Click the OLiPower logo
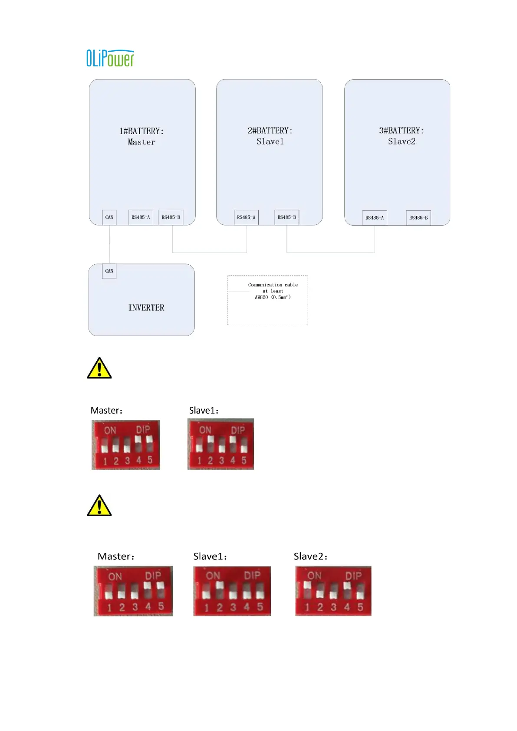click(110, 58)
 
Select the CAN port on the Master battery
click(109, 217)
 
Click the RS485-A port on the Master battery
click(141, 217)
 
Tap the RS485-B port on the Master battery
click(171, 217)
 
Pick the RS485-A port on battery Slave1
click(246, 217)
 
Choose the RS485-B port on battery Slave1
click(287, 217)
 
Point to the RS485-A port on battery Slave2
click(375, 218)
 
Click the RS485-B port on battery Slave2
click(418, 218)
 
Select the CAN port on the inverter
click(109, 271)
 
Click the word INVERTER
click(146, 308)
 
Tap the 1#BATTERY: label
click(142, 131)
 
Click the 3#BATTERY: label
click(401, 131)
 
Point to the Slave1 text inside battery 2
click(270, 142)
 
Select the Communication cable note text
click(273, 291)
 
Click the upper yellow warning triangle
click(99, 369)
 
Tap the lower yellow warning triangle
click(99, 506)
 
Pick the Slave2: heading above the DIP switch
click(310, 556)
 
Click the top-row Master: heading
click(106, 411)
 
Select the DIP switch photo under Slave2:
click(333, 591)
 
